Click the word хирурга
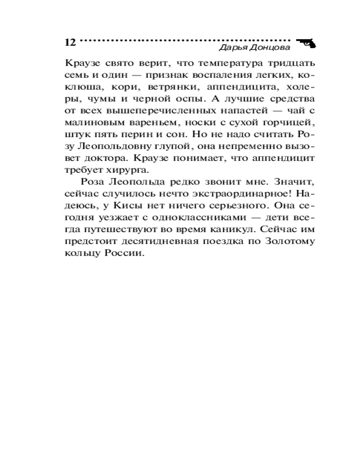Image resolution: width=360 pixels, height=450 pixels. (136, 171)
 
